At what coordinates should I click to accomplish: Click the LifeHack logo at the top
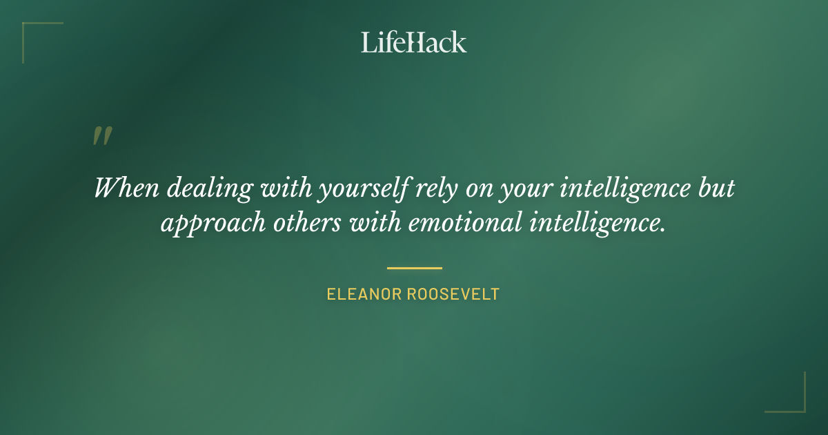click(x=414, y=42)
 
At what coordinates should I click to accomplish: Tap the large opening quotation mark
click(x=101, y=136)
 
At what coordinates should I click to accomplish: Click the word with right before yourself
click(x=284, y=188)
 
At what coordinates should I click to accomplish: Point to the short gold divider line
click(x=414, y=268)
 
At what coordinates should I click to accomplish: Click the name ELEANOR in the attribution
click(x=363, y=294)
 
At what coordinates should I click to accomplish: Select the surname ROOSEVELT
click(x=453, y=294)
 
